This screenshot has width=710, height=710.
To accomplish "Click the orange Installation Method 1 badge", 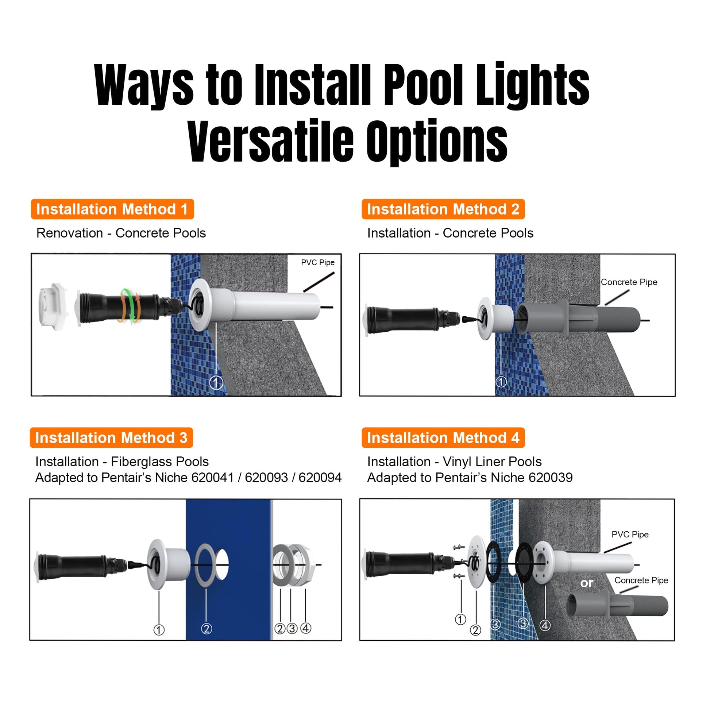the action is tap(112, 209).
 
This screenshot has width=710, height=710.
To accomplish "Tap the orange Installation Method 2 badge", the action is tap(443, 209).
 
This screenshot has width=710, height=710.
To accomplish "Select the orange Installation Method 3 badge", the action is tap(111, 438).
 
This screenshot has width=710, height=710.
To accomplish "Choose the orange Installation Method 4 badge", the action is tap(443, 438).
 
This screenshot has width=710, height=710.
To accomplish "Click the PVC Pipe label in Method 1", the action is tap(317, 262).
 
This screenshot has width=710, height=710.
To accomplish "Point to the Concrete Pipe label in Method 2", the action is tap(629, 282).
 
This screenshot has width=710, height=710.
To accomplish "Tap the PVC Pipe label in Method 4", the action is tap(630, 535).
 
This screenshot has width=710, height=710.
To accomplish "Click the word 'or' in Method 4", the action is tap(587, 583).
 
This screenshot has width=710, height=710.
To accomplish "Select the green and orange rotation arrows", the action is tap(129, 306).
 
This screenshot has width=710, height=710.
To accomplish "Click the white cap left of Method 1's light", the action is tap(54, 306).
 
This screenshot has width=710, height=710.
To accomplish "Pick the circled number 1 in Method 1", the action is tap(216, 383).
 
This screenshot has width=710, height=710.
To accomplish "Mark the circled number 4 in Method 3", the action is tap(306, 628).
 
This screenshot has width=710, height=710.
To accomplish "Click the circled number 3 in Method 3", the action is tap(292, 628).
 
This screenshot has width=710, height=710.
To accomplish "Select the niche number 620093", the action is tap(266, 477).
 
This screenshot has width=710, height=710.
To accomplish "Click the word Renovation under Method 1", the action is tap(69, 233).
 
